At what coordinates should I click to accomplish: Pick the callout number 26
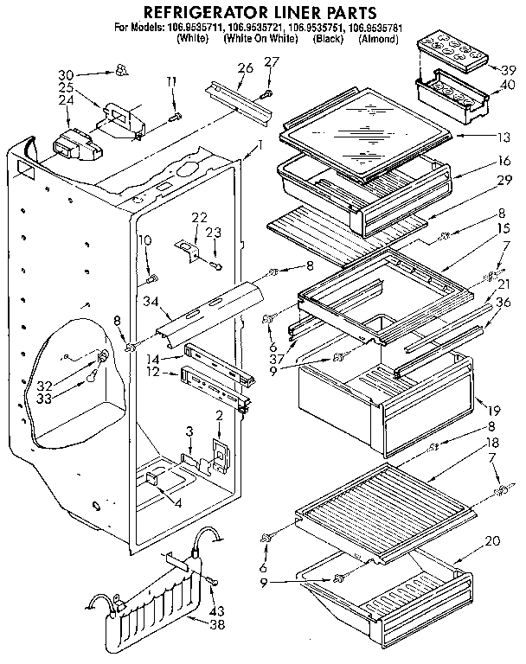tap(245, 68)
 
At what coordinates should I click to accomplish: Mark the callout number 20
tap(493, 542)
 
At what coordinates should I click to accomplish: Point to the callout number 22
tap(199, 216)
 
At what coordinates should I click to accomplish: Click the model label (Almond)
tap(377, 39)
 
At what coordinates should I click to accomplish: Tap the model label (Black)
tap(330, 39)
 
